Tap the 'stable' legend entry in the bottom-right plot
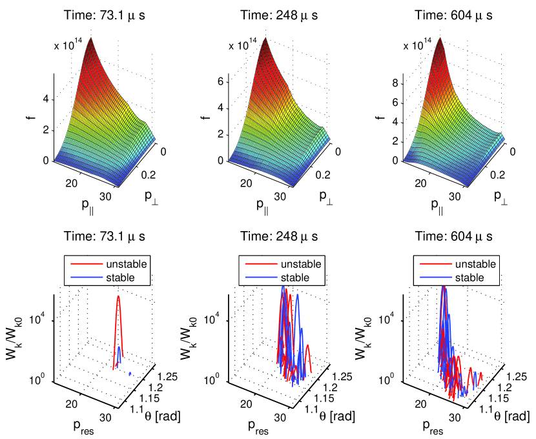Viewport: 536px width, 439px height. [x=470, y=278]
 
